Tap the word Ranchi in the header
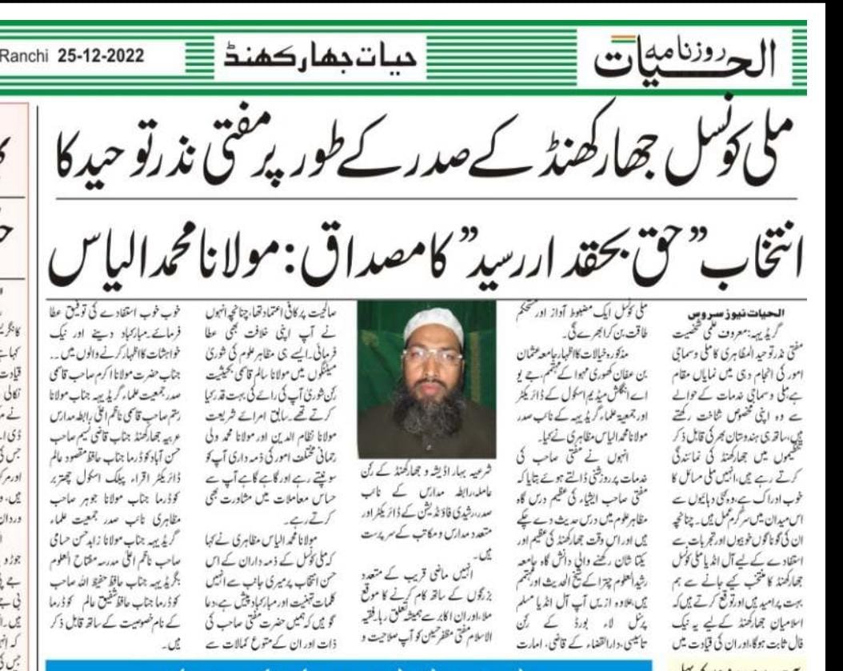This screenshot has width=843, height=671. pyautogui.click(x=30, y=58)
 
